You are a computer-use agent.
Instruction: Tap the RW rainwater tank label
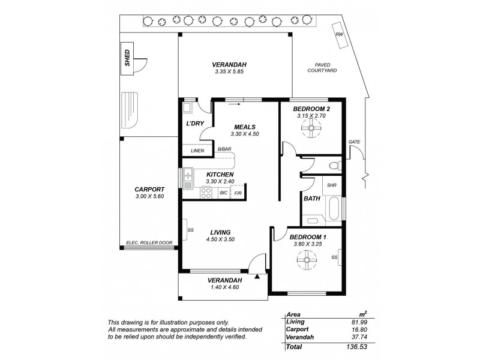[340, 35]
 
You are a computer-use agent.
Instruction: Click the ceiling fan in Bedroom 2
[310, 127]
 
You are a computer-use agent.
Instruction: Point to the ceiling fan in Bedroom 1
[307, 258]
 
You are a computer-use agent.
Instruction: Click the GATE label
[354, 142]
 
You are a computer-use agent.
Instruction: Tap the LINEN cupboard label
[197, 151]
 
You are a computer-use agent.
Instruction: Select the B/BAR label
[224, 149]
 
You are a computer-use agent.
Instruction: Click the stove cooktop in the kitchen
[206, 193]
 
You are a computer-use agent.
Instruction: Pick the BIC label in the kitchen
[223, 193]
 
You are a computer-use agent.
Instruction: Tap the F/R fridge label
[238, 193]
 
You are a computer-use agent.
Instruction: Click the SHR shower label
[332, 185]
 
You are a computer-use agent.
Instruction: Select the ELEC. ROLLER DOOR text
[149, 243]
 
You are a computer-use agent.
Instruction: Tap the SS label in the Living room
[190, 229]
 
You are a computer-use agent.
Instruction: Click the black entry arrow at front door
[257, 277]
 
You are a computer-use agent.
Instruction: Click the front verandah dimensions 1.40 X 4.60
[224, 287]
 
